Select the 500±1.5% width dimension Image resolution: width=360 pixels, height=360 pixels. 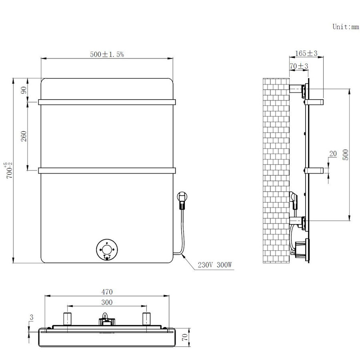tap(107, 55)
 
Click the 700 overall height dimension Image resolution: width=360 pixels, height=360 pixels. tap(9, 170)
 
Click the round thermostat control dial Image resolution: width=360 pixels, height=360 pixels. tap(107, 250)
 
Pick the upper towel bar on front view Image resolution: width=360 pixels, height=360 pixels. tap(107, 102)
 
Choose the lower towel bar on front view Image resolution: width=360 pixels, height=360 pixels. tap(107, 171)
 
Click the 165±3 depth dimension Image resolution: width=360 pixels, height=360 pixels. tap(306, 53)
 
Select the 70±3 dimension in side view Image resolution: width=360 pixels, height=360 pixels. tap(298, 66)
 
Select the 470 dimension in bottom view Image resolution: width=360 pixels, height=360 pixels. tap(107, 292)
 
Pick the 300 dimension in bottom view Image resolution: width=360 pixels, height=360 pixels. tap(107, 302)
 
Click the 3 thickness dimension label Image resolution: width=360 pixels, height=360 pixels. tap(31, 317)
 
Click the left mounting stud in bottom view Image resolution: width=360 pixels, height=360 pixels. tap(68, 318)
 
